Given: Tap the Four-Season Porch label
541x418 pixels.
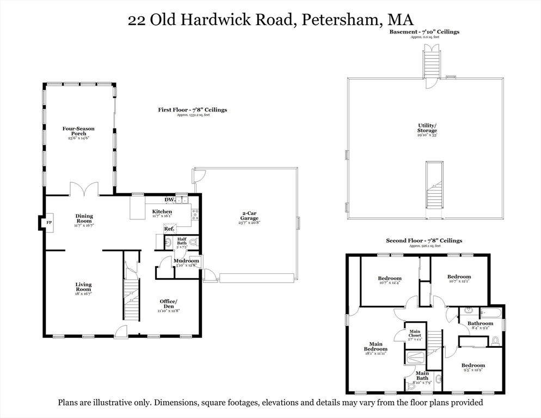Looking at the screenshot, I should (x=78, y=131).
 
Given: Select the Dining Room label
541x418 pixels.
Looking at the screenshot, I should (x=84, y=219).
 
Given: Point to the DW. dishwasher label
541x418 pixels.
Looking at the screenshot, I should (x=162, y=200).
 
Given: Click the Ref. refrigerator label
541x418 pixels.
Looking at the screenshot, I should (x=169, y=229).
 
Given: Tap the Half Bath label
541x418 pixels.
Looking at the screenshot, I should (x=181, y=241).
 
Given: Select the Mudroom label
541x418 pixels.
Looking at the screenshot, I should (x=186, y=261).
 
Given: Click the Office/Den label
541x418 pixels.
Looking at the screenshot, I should (x=168, y=304).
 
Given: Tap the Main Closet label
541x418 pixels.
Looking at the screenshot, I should (x=415, y=334).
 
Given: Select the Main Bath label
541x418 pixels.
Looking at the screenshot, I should (x=422, y=376).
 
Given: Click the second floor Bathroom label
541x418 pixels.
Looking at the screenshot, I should (x=481, y=324).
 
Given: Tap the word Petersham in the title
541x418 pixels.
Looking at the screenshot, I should (x=341, y=20).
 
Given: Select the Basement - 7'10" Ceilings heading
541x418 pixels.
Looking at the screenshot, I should (x=423, y=32).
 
